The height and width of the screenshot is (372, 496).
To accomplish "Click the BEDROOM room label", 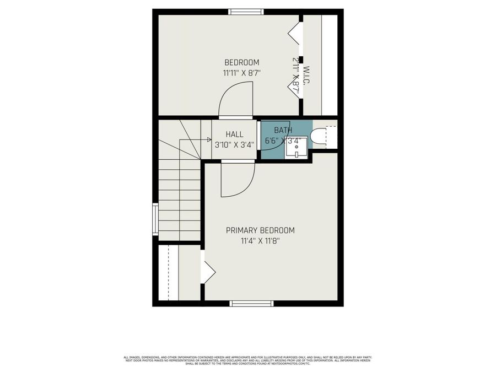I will click(241, 62).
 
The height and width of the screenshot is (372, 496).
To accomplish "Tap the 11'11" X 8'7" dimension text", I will click(241, 72).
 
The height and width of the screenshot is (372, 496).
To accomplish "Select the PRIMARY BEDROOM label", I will click(260, 230).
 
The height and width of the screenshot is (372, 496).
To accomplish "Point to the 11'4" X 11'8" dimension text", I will click(260, 240).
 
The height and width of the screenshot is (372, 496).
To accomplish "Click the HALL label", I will click(234, 134).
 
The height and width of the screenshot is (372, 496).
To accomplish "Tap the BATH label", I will click(283, 130).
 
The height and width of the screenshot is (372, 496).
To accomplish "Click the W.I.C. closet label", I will click(306, 76).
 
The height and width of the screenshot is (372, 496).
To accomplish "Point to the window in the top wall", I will click(246, 12).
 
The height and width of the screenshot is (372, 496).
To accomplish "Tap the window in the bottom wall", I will click(251, 303).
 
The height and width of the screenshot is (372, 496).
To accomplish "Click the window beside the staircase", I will click(155, 219).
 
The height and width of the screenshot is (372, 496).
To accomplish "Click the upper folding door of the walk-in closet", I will click(295, 33).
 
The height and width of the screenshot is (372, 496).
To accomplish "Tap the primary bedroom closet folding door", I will click(208, 272).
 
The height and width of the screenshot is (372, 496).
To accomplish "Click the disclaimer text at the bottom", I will click(247, 359).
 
